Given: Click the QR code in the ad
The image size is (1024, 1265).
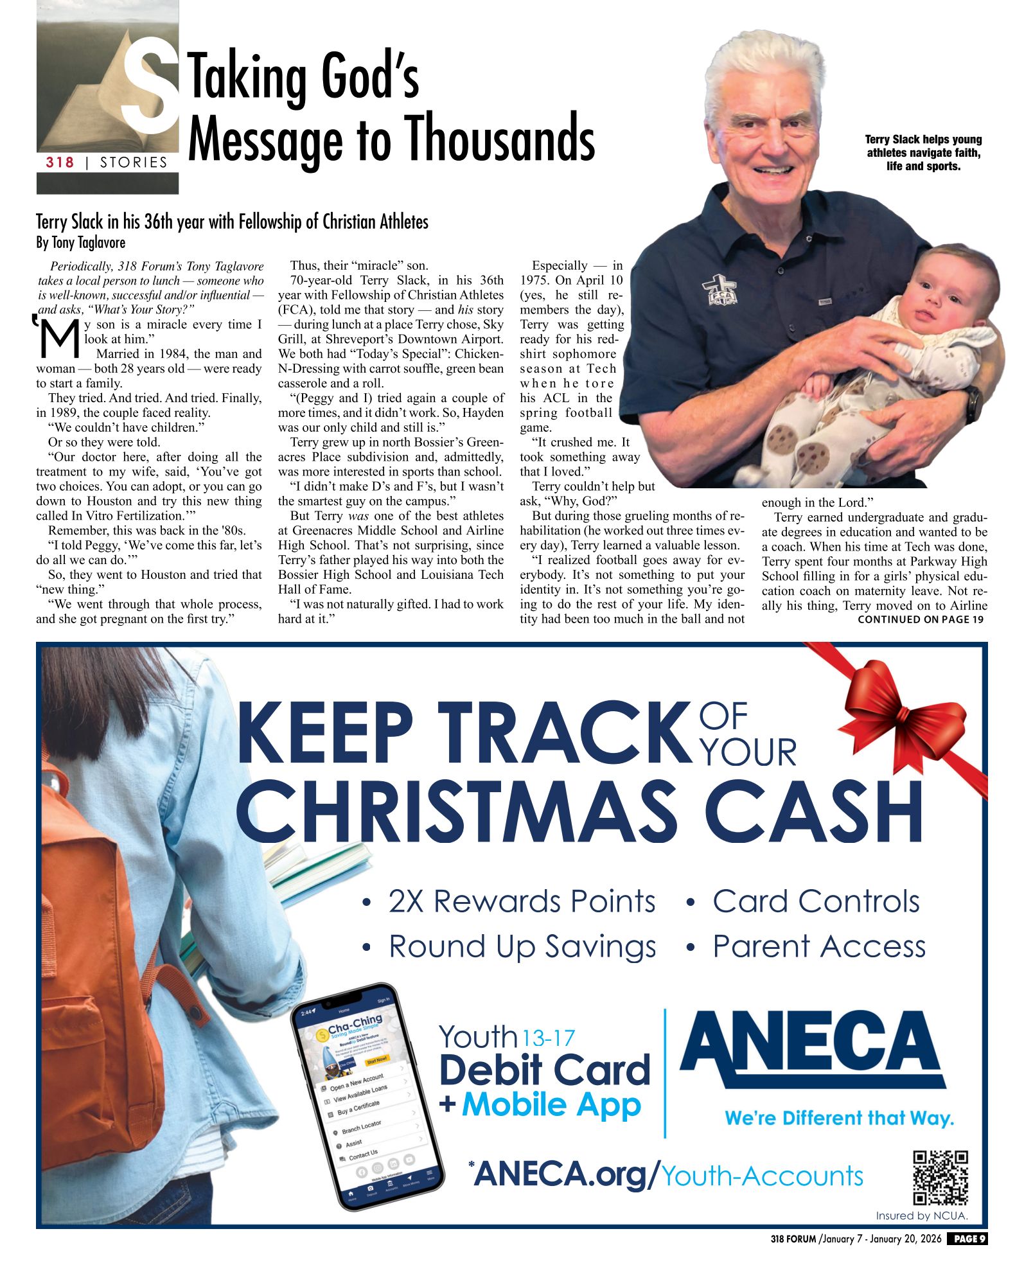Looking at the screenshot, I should point(940,1177).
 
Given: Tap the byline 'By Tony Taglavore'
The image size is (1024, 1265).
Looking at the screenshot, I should point(81,243).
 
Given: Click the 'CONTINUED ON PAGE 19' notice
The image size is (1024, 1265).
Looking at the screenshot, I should point(920,619).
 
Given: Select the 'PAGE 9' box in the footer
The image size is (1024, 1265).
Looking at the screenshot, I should point(967,1239).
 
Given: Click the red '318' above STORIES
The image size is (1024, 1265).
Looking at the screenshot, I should point(60,163).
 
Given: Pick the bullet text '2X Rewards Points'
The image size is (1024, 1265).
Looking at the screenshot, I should point(522,901).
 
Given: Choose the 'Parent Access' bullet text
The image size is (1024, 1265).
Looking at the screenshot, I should point(819,946).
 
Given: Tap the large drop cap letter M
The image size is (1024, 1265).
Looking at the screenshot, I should point(59,338).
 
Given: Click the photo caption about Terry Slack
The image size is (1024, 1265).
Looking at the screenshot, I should point(923,152).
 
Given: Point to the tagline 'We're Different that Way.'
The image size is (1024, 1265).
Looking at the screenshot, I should point(839,1119).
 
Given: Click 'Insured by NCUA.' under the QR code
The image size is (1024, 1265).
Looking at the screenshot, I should point(921,1216).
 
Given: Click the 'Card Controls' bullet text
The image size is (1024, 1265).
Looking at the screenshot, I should point(816,901).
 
